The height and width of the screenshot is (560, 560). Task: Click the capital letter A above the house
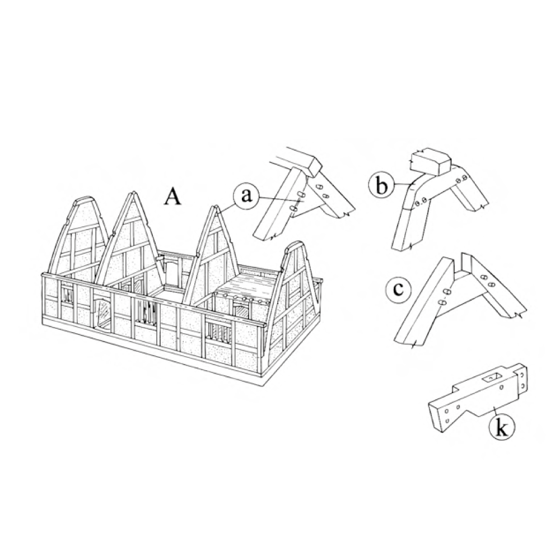coord(173,197)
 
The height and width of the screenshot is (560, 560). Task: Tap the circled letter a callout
coord(245,197)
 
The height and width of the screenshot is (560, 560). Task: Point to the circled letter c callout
coord(398,289)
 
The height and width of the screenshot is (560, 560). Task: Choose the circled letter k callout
coord(502,428)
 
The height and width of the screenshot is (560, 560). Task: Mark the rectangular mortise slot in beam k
coord(492,376)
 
